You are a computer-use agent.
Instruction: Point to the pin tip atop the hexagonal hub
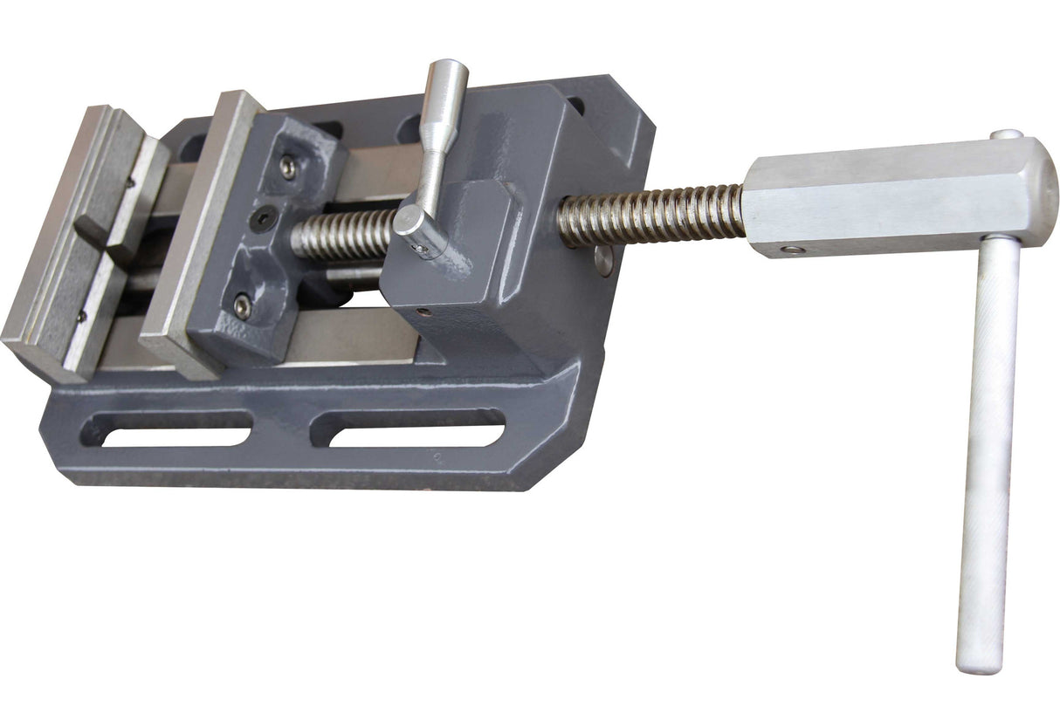(x=1006, y=134)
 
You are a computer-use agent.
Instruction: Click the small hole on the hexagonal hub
(x=791, y=250)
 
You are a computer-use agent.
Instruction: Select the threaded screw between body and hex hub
(x=650, y=215)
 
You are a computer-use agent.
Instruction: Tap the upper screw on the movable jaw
(x=287, y=166)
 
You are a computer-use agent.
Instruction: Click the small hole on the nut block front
(x=423, y=311)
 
